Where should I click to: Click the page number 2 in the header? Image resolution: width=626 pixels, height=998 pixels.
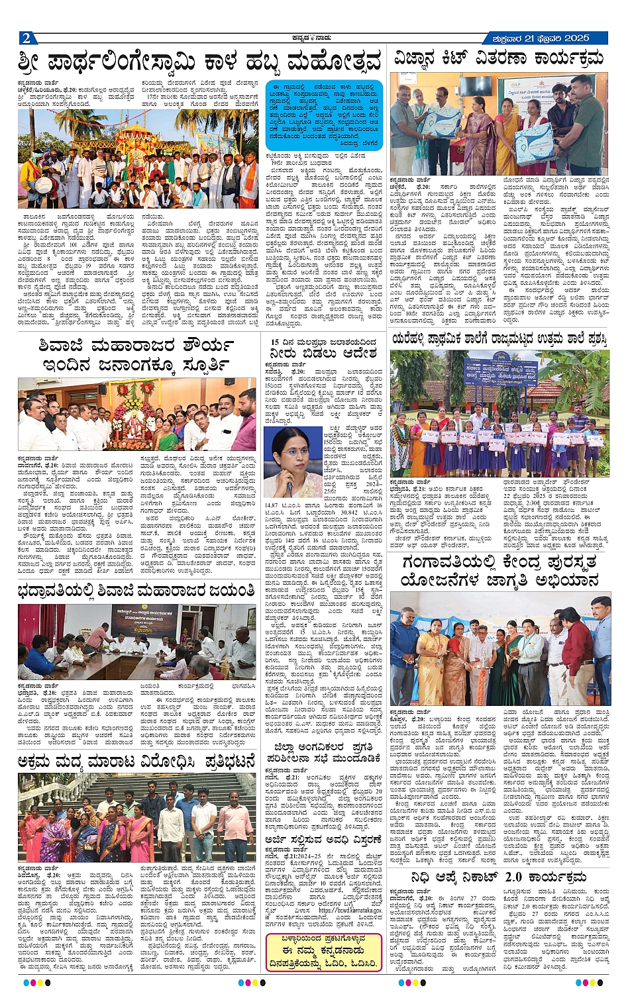[x=25, y=38]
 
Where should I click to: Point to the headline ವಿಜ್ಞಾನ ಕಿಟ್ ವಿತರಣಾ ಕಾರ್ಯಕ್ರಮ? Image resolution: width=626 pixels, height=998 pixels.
[x=499, y=58]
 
